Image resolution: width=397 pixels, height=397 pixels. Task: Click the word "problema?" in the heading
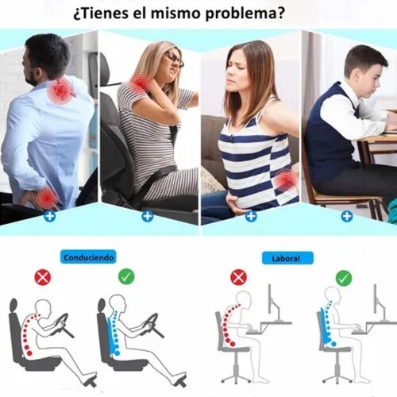click(245, 14)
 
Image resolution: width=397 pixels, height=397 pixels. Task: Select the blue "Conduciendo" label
click(88, 257)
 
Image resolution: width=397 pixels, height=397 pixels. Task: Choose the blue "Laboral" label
click(287, 258)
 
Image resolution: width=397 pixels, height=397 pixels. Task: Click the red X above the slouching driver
click(43, 277)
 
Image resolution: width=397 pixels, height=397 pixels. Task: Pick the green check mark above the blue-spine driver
click(126, 277)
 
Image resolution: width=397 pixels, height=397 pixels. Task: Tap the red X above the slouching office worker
click(238, 277)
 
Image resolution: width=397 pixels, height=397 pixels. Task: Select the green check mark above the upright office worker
click(344, 278)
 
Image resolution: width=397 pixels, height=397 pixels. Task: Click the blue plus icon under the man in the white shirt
click(50, 216)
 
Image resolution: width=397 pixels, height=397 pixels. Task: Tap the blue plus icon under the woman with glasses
click(148, 216)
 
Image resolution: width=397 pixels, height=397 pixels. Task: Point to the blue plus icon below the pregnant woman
click(251, 216)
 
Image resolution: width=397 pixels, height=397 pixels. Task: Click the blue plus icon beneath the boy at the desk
click(347, 217)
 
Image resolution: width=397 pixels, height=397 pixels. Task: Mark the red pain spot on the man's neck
click(60, 91)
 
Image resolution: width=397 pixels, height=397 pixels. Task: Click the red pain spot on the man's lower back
click(47, 197)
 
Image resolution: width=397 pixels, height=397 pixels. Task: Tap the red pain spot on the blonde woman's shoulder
click(140, 83)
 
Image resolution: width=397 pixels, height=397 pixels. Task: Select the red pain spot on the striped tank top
click(285, 181)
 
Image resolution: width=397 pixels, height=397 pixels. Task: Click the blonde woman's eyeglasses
click(174, 60)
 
